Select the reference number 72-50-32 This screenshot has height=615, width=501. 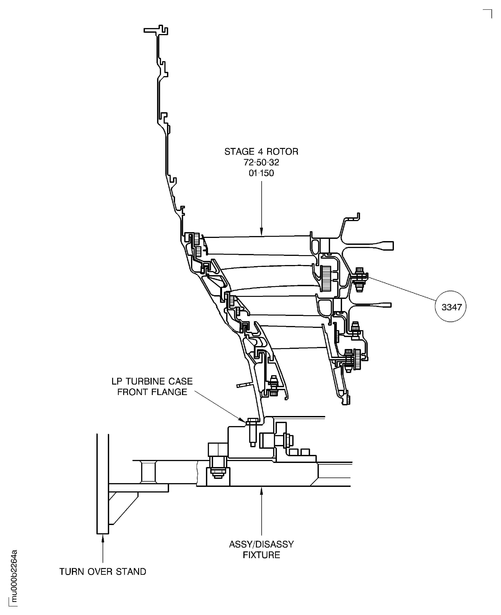(x=262, y=162)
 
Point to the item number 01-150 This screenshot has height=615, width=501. (x=262, y=173)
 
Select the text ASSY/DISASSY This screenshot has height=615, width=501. (x=262, y=544)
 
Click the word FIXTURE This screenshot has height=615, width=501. (x=262, y=555)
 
